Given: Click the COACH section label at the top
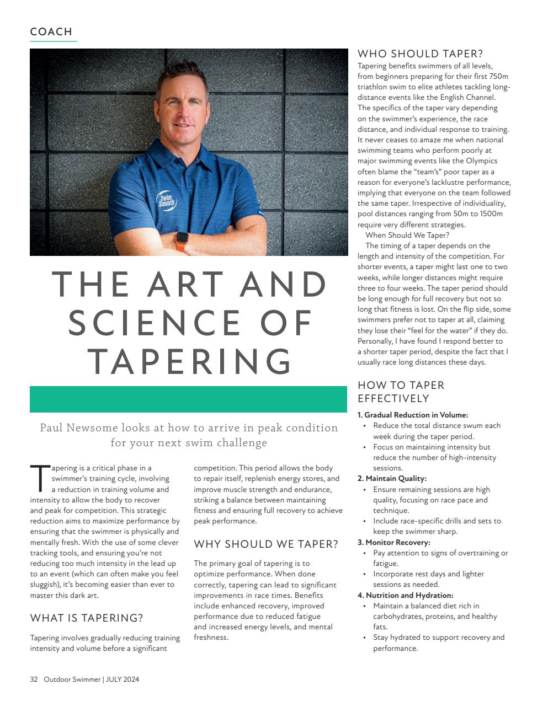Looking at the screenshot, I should pyautogui.click(x=51, y=32).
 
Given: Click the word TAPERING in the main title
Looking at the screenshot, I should pyautogui.click(x=189, y=361).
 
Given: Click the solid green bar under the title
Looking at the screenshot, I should pyautogui.click(x=188, y=399).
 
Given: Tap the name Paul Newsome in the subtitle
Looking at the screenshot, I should pyautogui.click(x=78, y=428).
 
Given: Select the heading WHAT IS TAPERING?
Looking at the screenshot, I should pyautogui.click(x=87, y=618).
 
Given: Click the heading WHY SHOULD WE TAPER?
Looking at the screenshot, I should pyautogui.click(x=266, y=544).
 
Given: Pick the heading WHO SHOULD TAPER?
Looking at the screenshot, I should pyautogui.click(x=420, y=54).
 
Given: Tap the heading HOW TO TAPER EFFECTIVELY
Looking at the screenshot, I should pyautogui.click(x=401, y=392).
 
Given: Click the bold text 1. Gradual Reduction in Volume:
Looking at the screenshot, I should pyautogui.click(x=413, y=415).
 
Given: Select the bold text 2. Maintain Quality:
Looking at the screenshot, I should pyautogui.click(x=392, y=478).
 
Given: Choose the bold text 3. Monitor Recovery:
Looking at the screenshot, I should pyautogui.click(x=394, y=542).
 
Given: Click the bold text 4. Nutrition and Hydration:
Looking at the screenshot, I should pyautogui.click(x=406, y=595).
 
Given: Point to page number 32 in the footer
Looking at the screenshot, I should pyautogui.click(x=34, y=680).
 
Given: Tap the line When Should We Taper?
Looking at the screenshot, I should pyautogui.click(x=407, y=235).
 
